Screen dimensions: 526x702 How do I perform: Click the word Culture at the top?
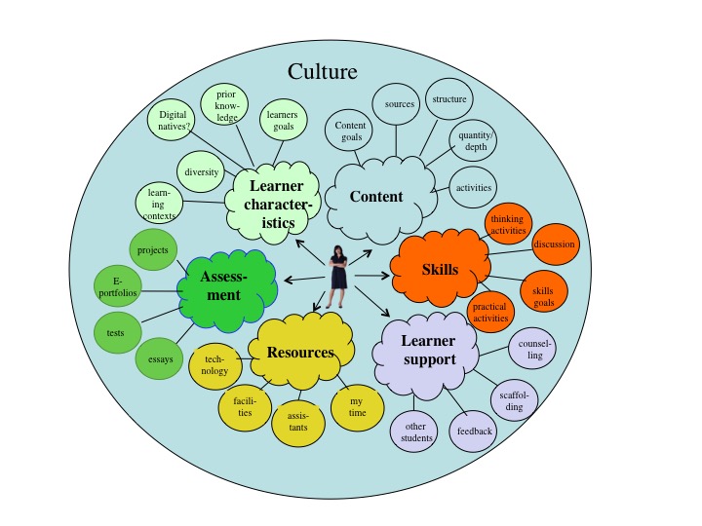(323, 71)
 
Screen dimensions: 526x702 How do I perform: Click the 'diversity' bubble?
(202, 172)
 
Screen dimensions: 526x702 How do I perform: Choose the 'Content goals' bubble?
(349, 131)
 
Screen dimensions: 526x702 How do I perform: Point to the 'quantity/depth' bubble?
(473, 142)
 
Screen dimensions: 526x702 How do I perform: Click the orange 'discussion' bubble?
(554, 244)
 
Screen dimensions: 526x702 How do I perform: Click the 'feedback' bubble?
(474, 431)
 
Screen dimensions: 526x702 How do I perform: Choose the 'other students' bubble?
(416, 432)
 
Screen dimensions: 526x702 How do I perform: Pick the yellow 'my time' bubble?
(357, 407)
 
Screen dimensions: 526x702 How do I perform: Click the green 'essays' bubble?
(161, 359)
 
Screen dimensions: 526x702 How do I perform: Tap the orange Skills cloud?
(440, 268)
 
